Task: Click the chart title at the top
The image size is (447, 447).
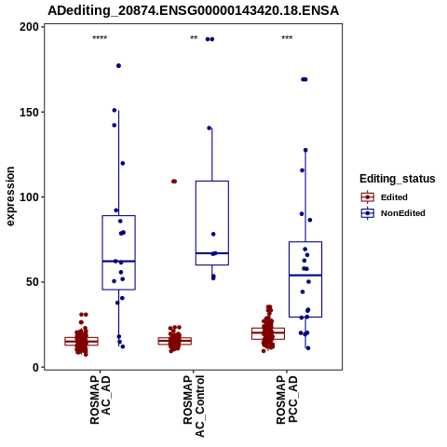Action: coord(193,10)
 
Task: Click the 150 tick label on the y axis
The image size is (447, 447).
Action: coord(29,112)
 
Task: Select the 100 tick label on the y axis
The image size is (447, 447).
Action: coord(29,197)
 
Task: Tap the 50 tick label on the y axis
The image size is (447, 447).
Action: coord(33,282)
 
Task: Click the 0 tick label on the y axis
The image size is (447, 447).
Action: coord(36,367)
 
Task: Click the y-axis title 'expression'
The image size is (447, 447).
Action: coord(10,196)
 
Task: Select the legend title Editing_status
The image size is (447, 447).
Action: coord(398,179)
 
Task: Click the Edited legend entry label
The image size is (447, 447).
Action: coord(394,197)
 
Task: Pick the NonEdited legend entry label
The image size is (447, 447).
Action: coord(403,213)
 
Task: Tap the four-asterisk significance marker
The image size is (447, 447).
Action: coord(100,38)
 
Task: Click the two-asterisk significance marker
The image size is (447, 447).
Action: coord(194,38)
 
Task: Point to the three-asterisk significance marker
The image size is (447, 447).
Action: coord(287,38)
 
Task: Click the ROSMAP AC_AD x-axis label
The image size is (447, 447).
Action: coord(101,400)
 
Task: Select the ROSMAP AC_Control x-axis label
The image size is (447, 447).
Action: coord(194,406)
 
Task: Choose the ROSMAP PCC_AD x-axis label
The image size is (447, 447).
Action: coord(287,400)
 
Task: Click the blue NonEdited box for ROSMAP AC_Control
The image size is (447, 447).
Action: coord(212,223)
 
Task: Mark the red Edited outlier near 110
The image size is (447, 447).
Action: coord(174,182)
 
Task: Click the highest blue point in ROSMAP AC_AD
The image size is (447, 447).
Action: coord(118,66)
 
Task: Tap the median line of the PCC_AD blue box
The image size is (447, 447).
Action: coord(305,276)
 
